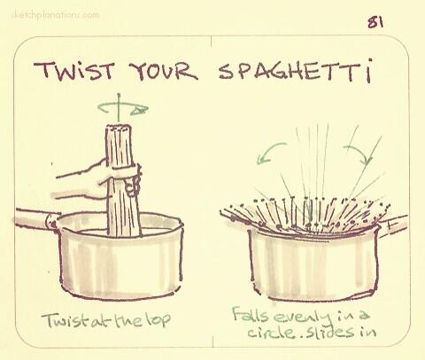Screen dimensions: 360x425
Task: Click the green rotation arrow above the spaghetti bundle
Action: click(x=123, y=109)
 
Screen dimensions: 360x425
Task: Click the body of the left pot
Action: click(x=124, y=261)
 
